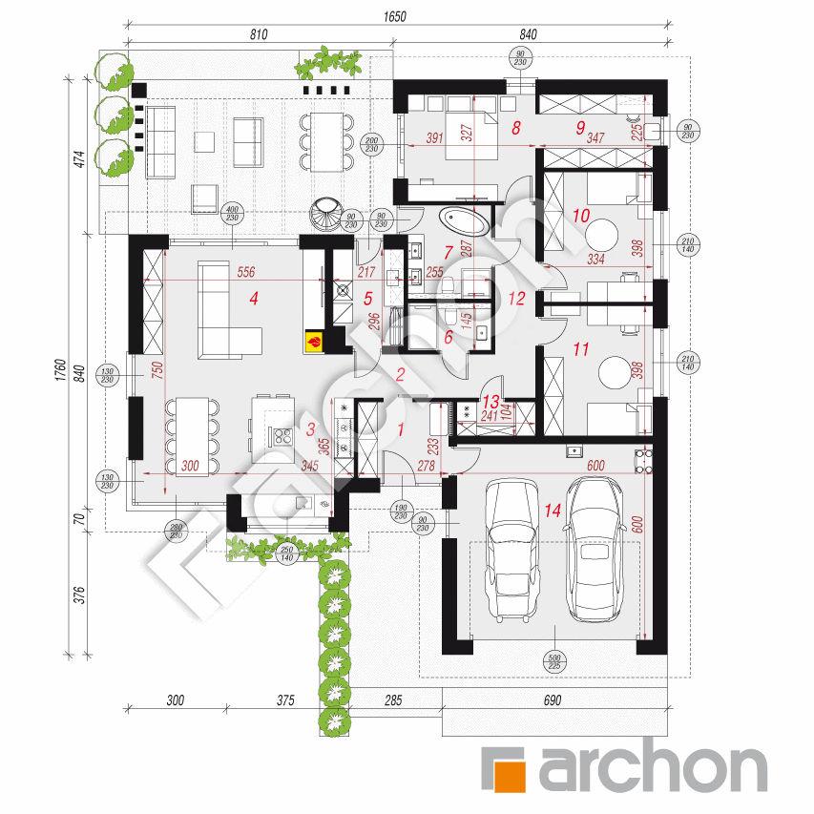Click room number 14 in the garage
tap(552, 511)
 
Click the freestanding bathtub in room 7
tap(466, 222)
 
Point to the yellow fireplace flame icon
tap(312, 338)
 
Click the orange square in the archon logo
tap(505, 769)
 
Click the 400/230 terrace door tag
tap(231, 215)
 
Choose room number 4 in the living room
tap(253, 299)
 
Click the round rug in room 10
tap(603, 234)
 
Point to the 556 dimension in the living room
tap(245, 271)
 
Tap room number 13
tap(490, 402)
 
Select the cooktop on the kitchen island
tap(283, 436)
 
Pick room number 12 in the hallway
tap(516, 298)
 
